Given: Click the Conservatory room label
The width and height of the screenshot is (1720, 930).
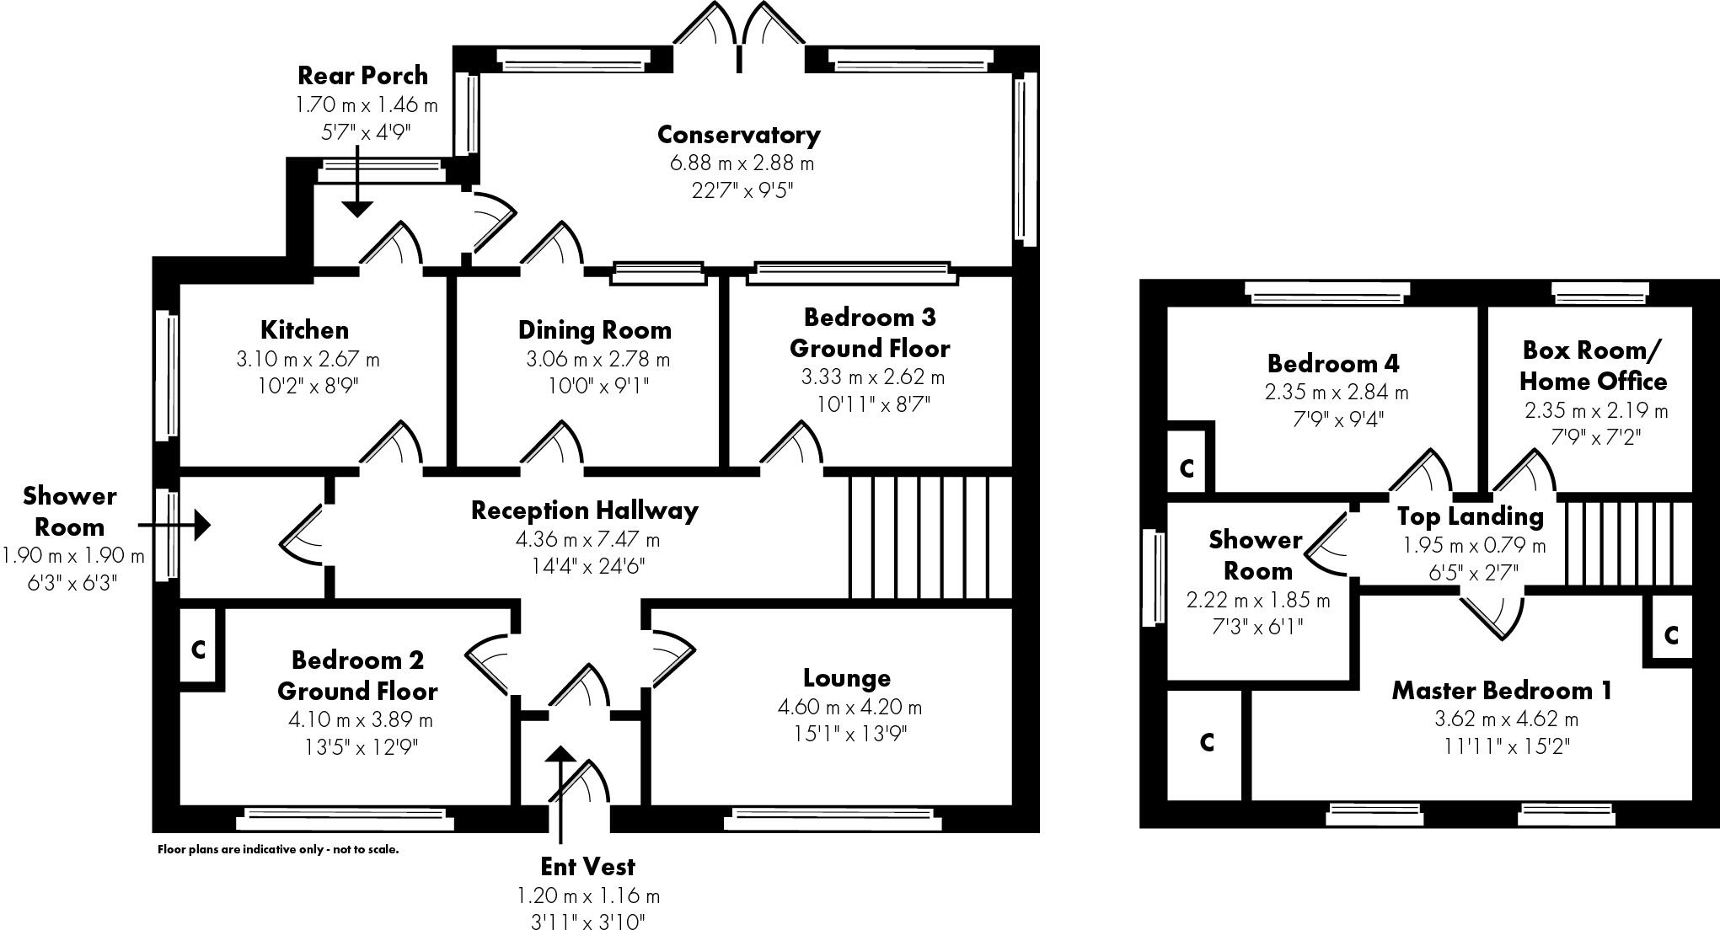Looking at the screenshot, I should pyautogui.click(x=738, y=135).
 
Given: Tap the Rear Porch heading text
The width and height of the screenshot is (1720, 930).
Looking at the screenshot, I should pyautogui.click(x=362, y=76).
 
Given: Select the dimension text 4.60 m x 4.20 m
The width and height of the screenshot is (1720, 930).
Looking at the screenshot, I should pyautogui.click(x=849, y=707).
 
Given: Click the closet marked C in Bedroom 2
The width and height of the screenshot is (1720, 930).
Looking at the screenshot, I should pyautogui.click(x=199, y=649).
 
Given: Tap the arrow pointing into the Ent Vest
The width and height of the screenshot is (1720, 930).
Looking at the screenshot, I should pyautogui.click(x=557, y=792).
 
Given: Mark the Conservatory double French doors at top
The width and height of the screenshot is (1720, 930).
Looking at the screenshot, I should pyautogui.click(x=740, y=34).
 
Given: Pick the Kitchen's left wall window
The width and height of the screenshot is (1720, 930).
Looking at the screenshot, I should pyautogui.click(x=169, y=375).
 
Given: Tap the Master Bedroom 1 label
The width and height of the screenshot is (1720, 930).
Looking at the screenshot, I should pyautogui.click(x=1501, y=691).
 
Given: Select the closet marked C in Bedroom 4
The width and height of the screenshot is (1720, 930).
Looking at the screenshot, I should pyautogui.click(x=1187, y=468).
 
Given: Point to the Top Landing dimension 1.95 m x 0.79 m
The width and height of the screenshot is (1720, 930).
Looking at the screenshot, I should pyautogui.click(x=1474, y=546).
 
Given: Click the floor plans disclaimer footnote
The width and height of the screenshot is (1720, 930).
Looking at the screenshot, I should pyautogui.click(x=278, y=849).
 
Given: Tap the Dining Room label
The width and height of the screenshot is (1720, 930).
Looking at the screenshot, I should pyautogui.click(x=594, y=330).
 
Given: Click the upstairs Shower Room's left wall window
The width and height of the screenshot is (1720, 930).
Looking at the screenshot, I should pyautogui.click(x=1150, y=577).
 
